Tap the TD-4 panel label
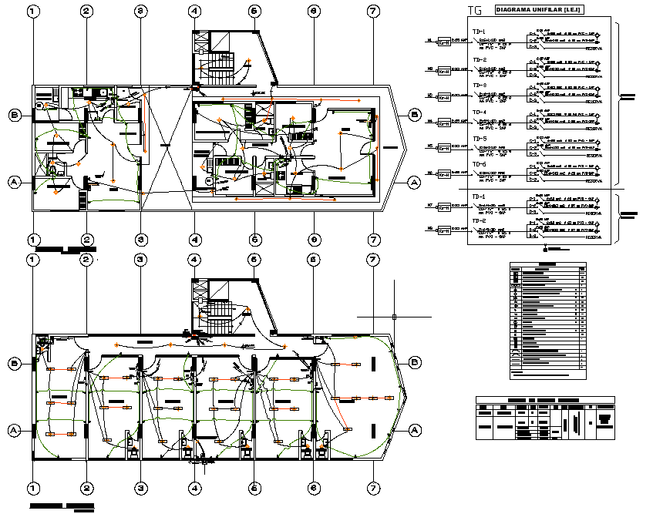[x=480, y=113]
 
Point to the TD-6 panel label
[x=480, y=164]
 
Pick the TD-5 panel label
[x=480, y=139]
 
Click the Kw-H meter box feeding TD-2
[x=444, y=70]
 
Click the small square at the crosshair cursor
[x=394, y=317]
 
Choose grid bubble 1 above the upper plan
[x=32, y=12]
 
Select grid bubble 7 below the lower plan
[x=373, y=489]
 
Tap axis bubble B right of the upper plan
[x=415, y=116]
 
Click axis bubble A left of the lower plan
[x=14, y=429]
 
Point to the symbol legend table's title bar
[x=547, y=265]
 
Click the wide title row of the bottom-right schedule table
[x=545, y=400]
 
